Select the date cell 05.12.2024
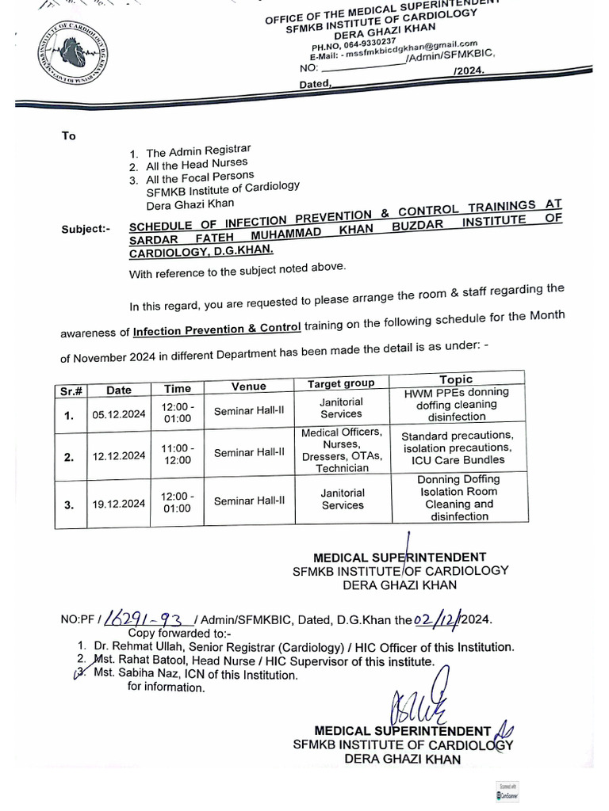pos(119,413)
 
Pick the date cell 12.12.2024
pos(119,455)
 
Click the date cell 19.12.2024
pos(119,503)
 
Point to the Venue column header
pos(249,386)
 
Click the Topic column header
pos(455,379)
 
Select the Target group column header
pos(341,384)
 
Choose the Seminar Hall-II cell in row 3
pos(249,501)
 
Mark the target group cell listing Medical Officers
pos(342,450)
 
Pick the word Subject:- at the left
pos(86,230)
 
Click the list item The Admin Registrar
pos(198,150)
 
